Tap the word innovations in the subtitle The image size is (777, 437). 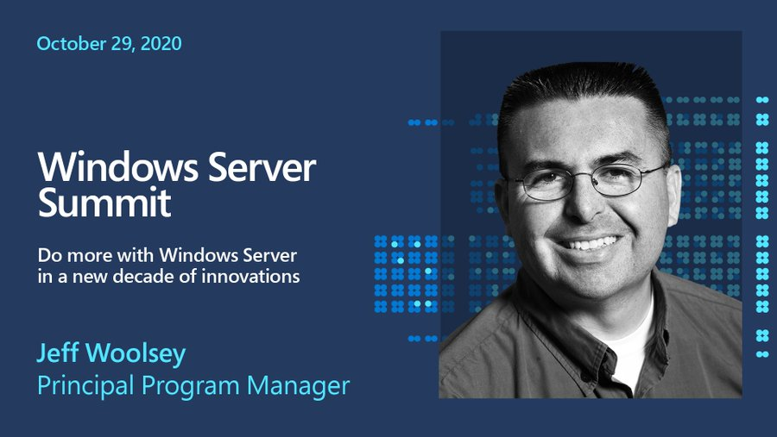(x=256, y=277)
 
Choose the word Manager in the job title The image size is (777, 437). (x=299, y=385)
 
